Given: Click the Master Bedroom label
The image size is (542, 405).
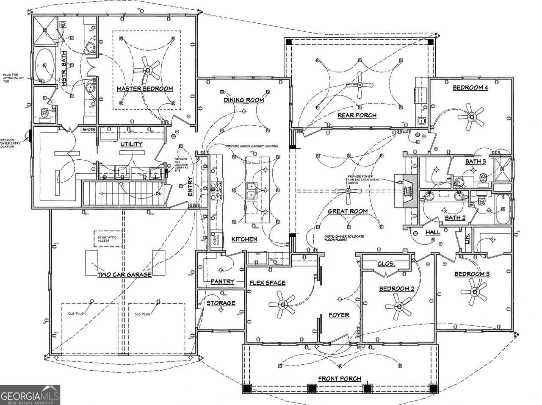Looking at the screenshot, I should (x=145, y=89).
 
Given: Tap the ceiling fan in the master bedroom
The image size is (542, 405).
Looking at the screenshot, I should (x=147, y=70).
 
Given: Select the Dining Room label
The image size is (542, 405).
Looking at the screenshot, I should (x=244, y=100).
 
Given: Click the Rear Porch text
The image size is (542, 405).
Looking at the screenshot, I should (x=357, y=115).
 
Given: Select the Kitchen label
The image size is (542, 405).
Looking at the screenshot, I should (x=244, y=239).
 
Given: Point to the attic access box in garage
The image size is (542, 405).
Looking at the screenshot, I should (x=104, y=239).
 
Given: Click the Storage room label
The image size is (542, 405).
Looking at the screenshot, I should (x=221, y=303).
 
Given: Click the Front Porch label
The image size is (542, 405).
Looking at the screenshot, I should (x=340, y=378).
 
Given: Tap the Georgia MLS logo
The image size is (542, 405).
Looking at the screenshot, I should (x=30, y=395).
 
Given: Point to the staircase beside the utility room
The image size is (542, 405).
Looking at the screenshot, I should (x=123, y=193).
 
